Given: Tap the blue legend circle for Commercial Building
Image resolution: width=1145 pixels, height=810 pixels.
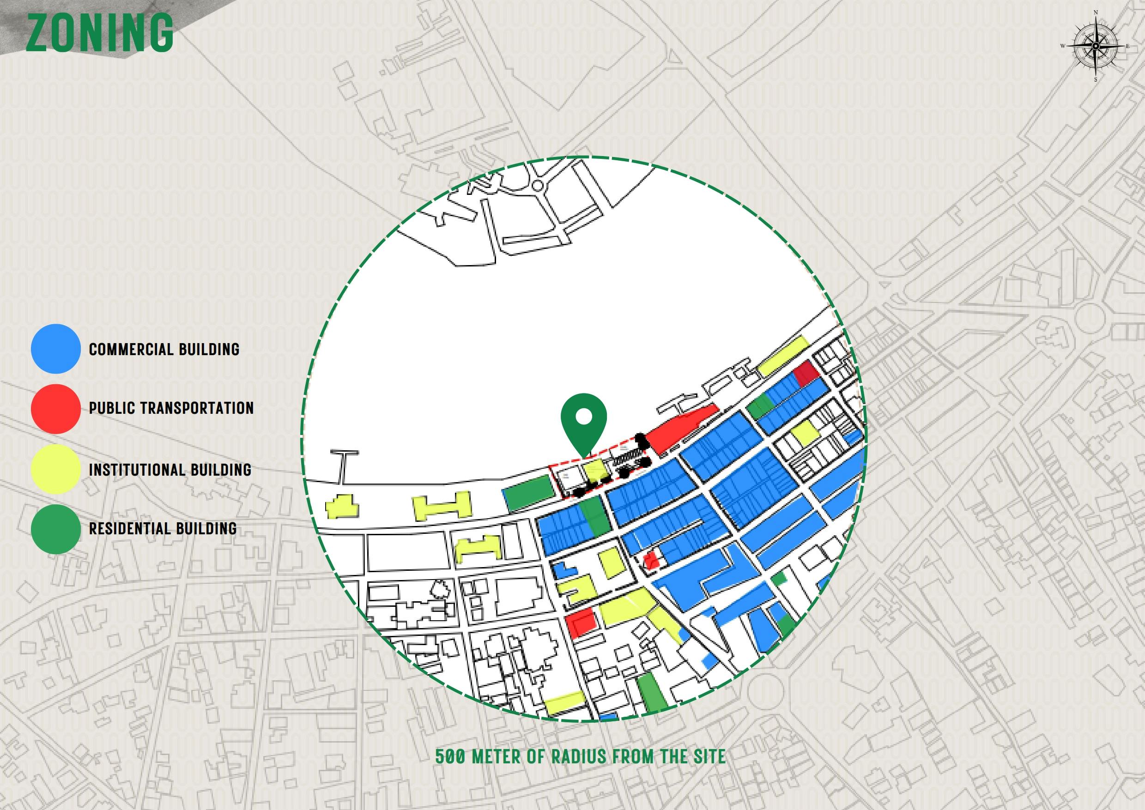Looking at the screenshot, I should point(55,349).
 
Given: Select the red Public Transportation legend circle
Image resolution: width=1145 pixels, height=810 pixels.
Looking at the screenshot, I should point(55,409).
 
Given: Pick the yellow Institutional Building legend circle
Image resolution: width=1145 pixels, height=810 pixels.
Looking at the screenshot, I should point(55,469).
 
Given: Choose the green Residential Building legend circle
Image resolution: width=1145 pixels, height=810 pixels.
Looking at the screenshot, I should point(55,529).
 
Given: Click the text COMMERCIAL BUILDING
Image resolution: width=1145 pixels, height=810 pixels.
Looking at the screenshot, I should point(164,349).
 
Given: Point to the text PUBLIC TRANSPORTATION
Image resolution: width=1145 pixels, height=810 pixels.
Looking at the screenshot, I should point(171,408).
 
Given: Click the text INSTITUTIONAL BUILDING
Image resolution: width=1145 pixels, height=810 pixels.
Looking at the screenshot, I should point(170,469).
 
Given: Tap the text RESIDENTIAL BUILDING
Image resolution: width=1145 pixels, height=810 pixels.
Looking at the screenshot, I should point(163,528).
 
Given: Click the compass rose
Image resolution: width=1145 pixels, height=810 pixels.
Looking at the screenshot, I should point(1095,46).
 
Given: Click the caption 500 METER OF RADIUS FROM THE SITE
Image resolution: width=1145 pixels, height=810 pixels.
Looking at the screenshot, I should point(580,756).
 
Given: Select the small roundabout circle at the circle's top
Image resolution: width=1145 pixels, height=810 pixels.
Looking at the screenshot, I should point(537,186).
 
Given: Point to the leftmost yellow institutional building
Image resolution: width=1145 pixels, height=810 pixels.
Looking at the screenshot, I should point(342,507).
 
